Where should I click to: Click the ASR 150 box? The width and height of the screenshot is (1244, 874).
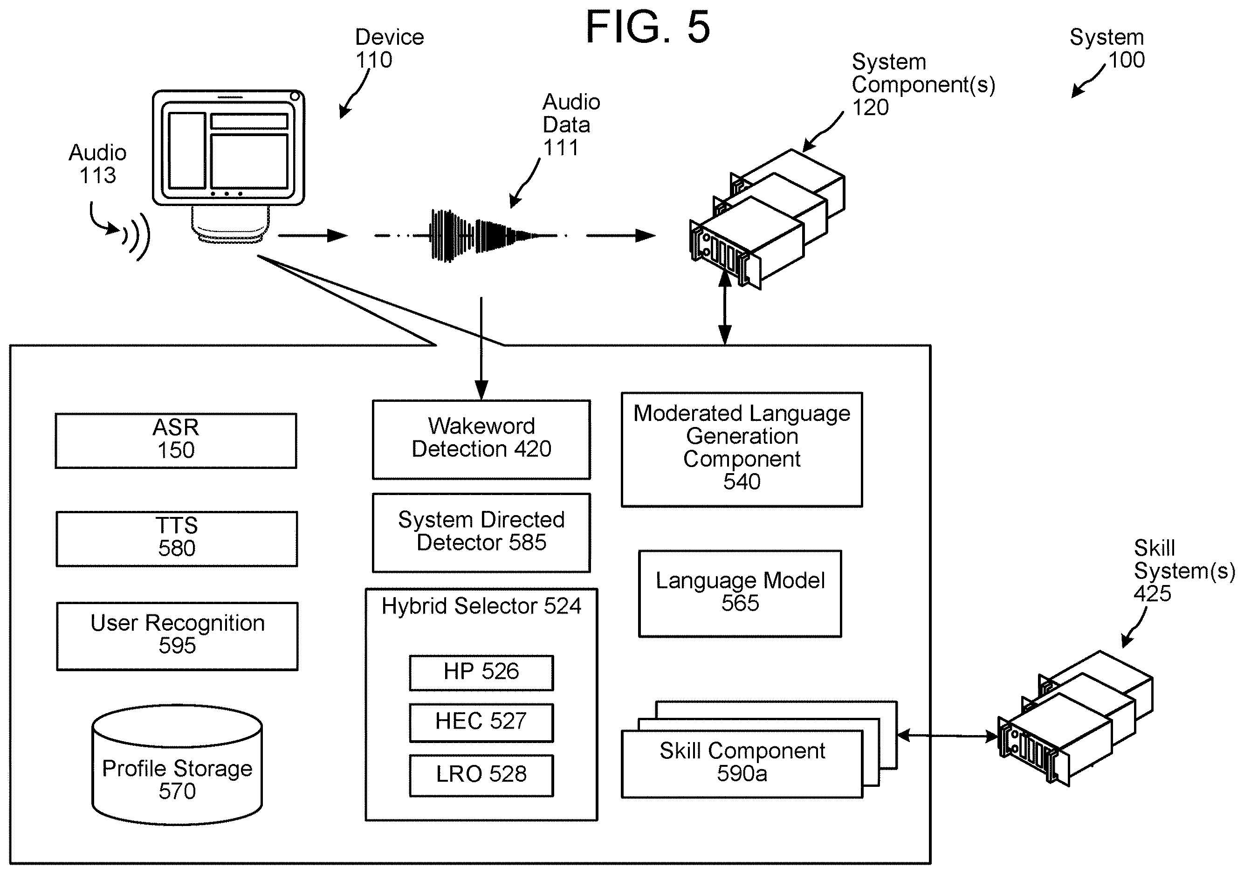click(176, 440)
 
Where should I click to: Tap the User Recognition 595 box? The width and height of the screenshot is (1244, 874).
click(177, 636)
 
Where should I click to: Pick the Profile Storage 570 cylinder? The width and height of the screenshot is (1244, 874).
click(177, 764)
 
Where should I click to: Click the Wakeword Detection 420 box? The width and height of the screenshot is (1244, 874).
click(481, 440)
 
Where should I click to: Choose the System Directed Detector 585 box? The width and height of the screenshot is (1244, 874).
click(481, 532)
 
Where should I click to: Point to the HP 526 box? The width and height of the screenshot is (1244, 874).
click(481, 673)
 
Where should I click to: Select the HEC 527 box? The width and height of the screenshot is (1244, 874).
click(481, 723)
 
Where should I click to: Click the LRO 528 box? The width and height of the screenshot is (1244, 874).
click(481, 775)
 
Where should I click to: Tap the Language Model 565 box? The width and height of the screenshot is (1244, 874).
click(740, 593)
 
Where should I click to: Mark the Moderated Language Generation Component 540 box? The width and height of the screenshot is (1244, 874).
click(742, 450)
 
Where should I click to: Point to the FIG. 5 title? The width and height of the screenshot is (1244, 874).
click(648, 27)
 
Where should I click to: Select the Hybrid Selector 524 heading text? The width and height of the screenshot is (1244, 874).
click(481, 606)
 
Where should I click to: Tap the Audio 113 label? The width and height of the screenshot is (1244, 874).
click(97, 164)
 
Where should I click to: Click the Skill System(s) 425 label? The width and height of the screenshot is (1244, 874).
click(1184, 571)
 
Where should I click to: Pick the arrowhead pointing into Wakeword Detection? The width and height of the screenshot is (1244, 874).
click(481, 390)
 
